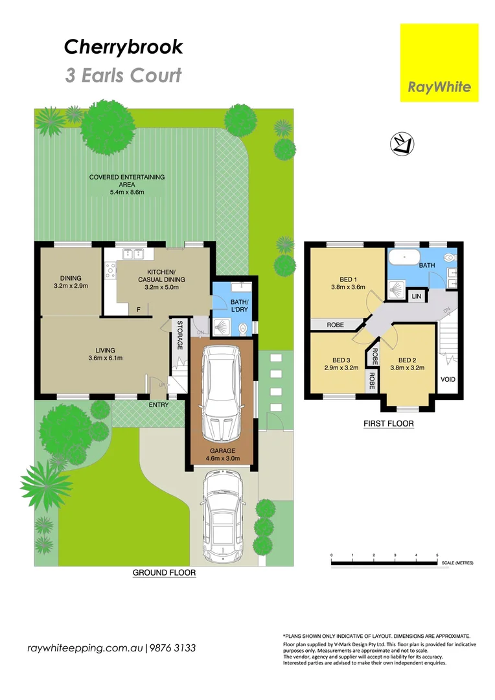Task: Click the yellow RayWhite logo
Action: pos(439,63)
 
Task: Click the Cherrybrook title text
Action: pos(123,47)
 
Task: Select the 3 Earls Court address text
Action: pos(123,75)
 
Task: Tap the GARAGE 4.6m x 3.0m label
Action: pos(222,455)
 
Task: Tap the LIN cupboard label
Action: pos(417,296)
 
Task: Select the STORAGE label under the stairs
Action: pos(180,335)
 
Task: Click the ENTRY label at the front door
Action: pos(158,405)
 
